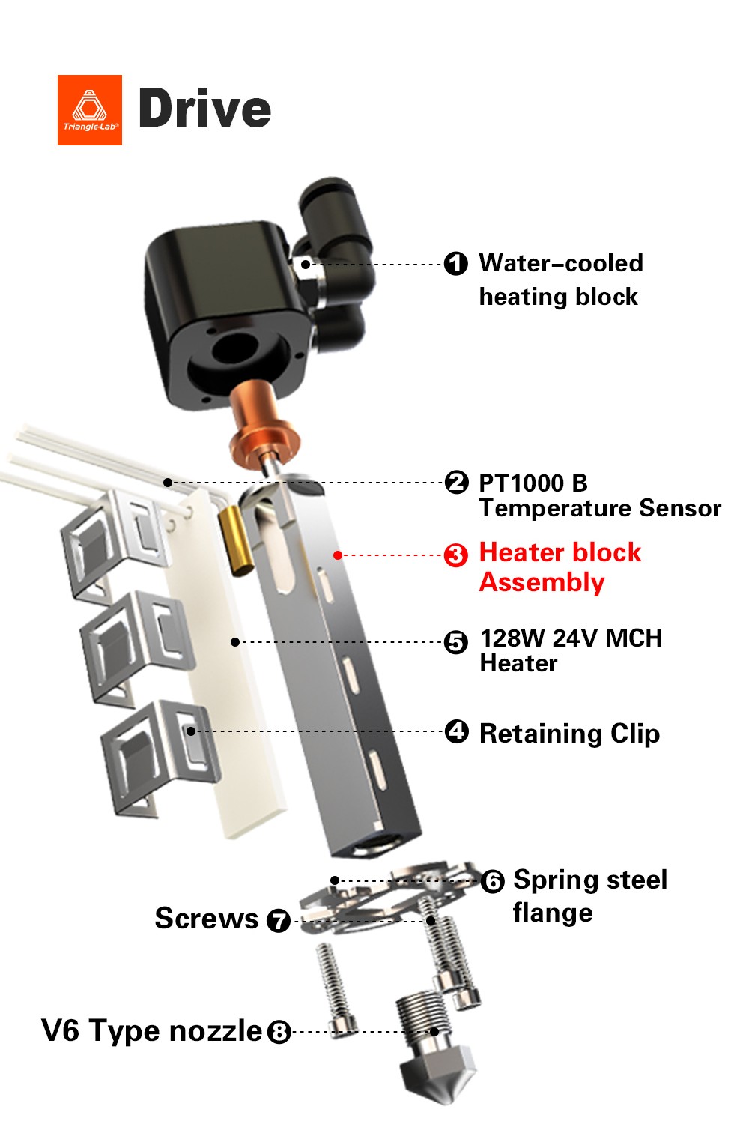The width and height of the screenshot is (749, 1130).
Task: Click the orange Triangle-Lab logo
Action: point(90,109)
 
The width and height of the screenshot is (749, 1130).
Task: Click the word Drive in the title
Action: point(204,109)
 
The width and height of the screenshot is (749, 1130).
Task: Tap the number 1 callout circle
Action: point(455,264)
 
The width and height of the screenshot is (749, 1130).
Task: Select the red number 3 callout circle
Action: point(455,555)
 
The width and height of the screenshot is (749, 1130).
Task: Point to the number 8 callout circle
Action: point(279,1032)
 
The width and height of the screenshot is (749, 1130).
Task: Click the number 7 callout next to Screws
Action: point(279,920)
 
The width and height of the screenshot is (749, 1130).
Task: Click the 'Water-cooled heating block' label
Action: point(560,280)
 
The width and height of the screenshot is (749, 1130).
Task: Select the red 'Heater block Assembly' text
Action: point(560,567)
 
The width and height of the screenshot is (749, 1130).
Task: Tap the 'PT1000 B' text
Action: point(533,483)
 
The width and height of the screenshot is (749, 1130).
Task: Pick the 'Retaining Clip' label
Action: point(569,733)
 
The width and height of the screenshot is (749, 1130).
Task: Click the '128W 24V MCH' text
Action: point(571,638)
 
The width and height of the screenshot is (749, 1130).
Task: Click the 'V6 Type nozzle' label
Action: point(151,1031)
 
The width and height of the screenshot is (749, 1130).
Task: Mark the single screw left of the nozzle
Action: point(335,989)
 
